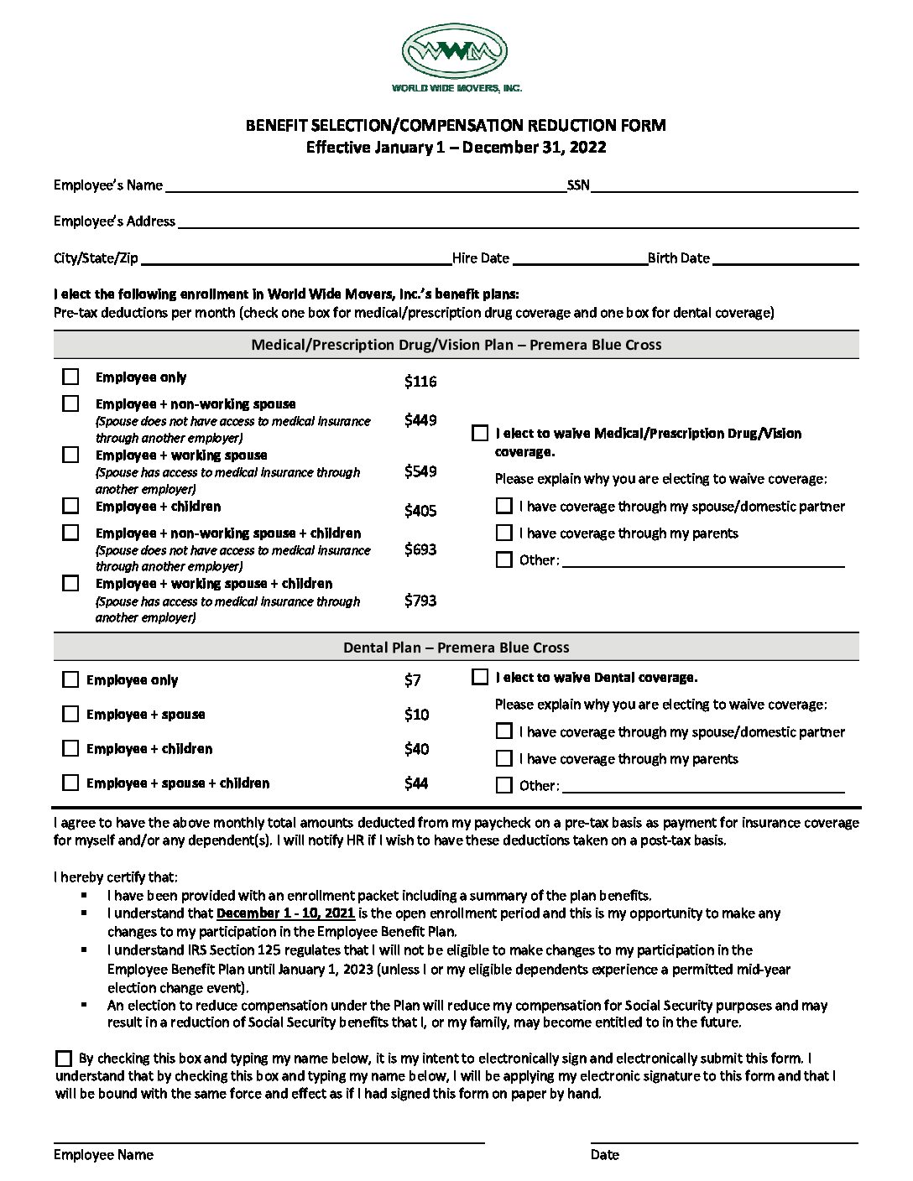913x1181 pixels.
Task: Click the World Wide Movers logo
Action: pos(456,52)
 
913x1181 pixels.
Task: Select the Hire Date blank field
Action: pos(578,260)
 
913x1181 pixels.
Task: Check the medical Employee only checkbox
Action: pos(71,377)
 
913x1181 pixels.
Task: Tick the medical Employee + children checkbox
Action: pos(71,506)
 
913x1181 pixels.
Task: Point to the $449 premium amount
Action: pos(420,420)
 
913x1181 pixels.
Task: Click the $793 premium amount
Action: pos(420,601)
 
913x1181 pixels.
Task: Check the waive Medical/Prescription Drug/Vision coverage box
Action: pos(480,434)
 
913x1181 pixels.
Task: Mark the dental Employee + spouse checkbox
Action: pos(71,714)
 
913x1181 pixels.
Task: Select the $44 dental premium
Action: pos(416,783)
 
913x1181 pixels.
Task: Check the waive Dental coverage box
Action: pos(480,677)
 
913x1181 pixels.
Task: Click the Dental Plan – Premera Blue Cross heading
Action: pos(456,648)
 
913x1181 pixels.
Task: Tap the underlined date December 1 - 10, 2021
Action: pos(286,913)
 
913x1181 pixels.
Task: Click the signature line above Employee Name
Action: pos(269,1141)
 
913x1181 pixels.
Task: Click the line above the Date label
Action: pos(723,1141)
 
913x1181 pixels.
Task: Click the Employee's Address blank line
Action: pos(517,224)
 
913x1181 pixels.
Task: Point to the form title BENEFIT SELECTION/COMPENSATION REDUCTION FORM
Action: pos(456,126)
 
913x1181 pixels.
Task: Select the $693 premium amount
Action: pos(420,549)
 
